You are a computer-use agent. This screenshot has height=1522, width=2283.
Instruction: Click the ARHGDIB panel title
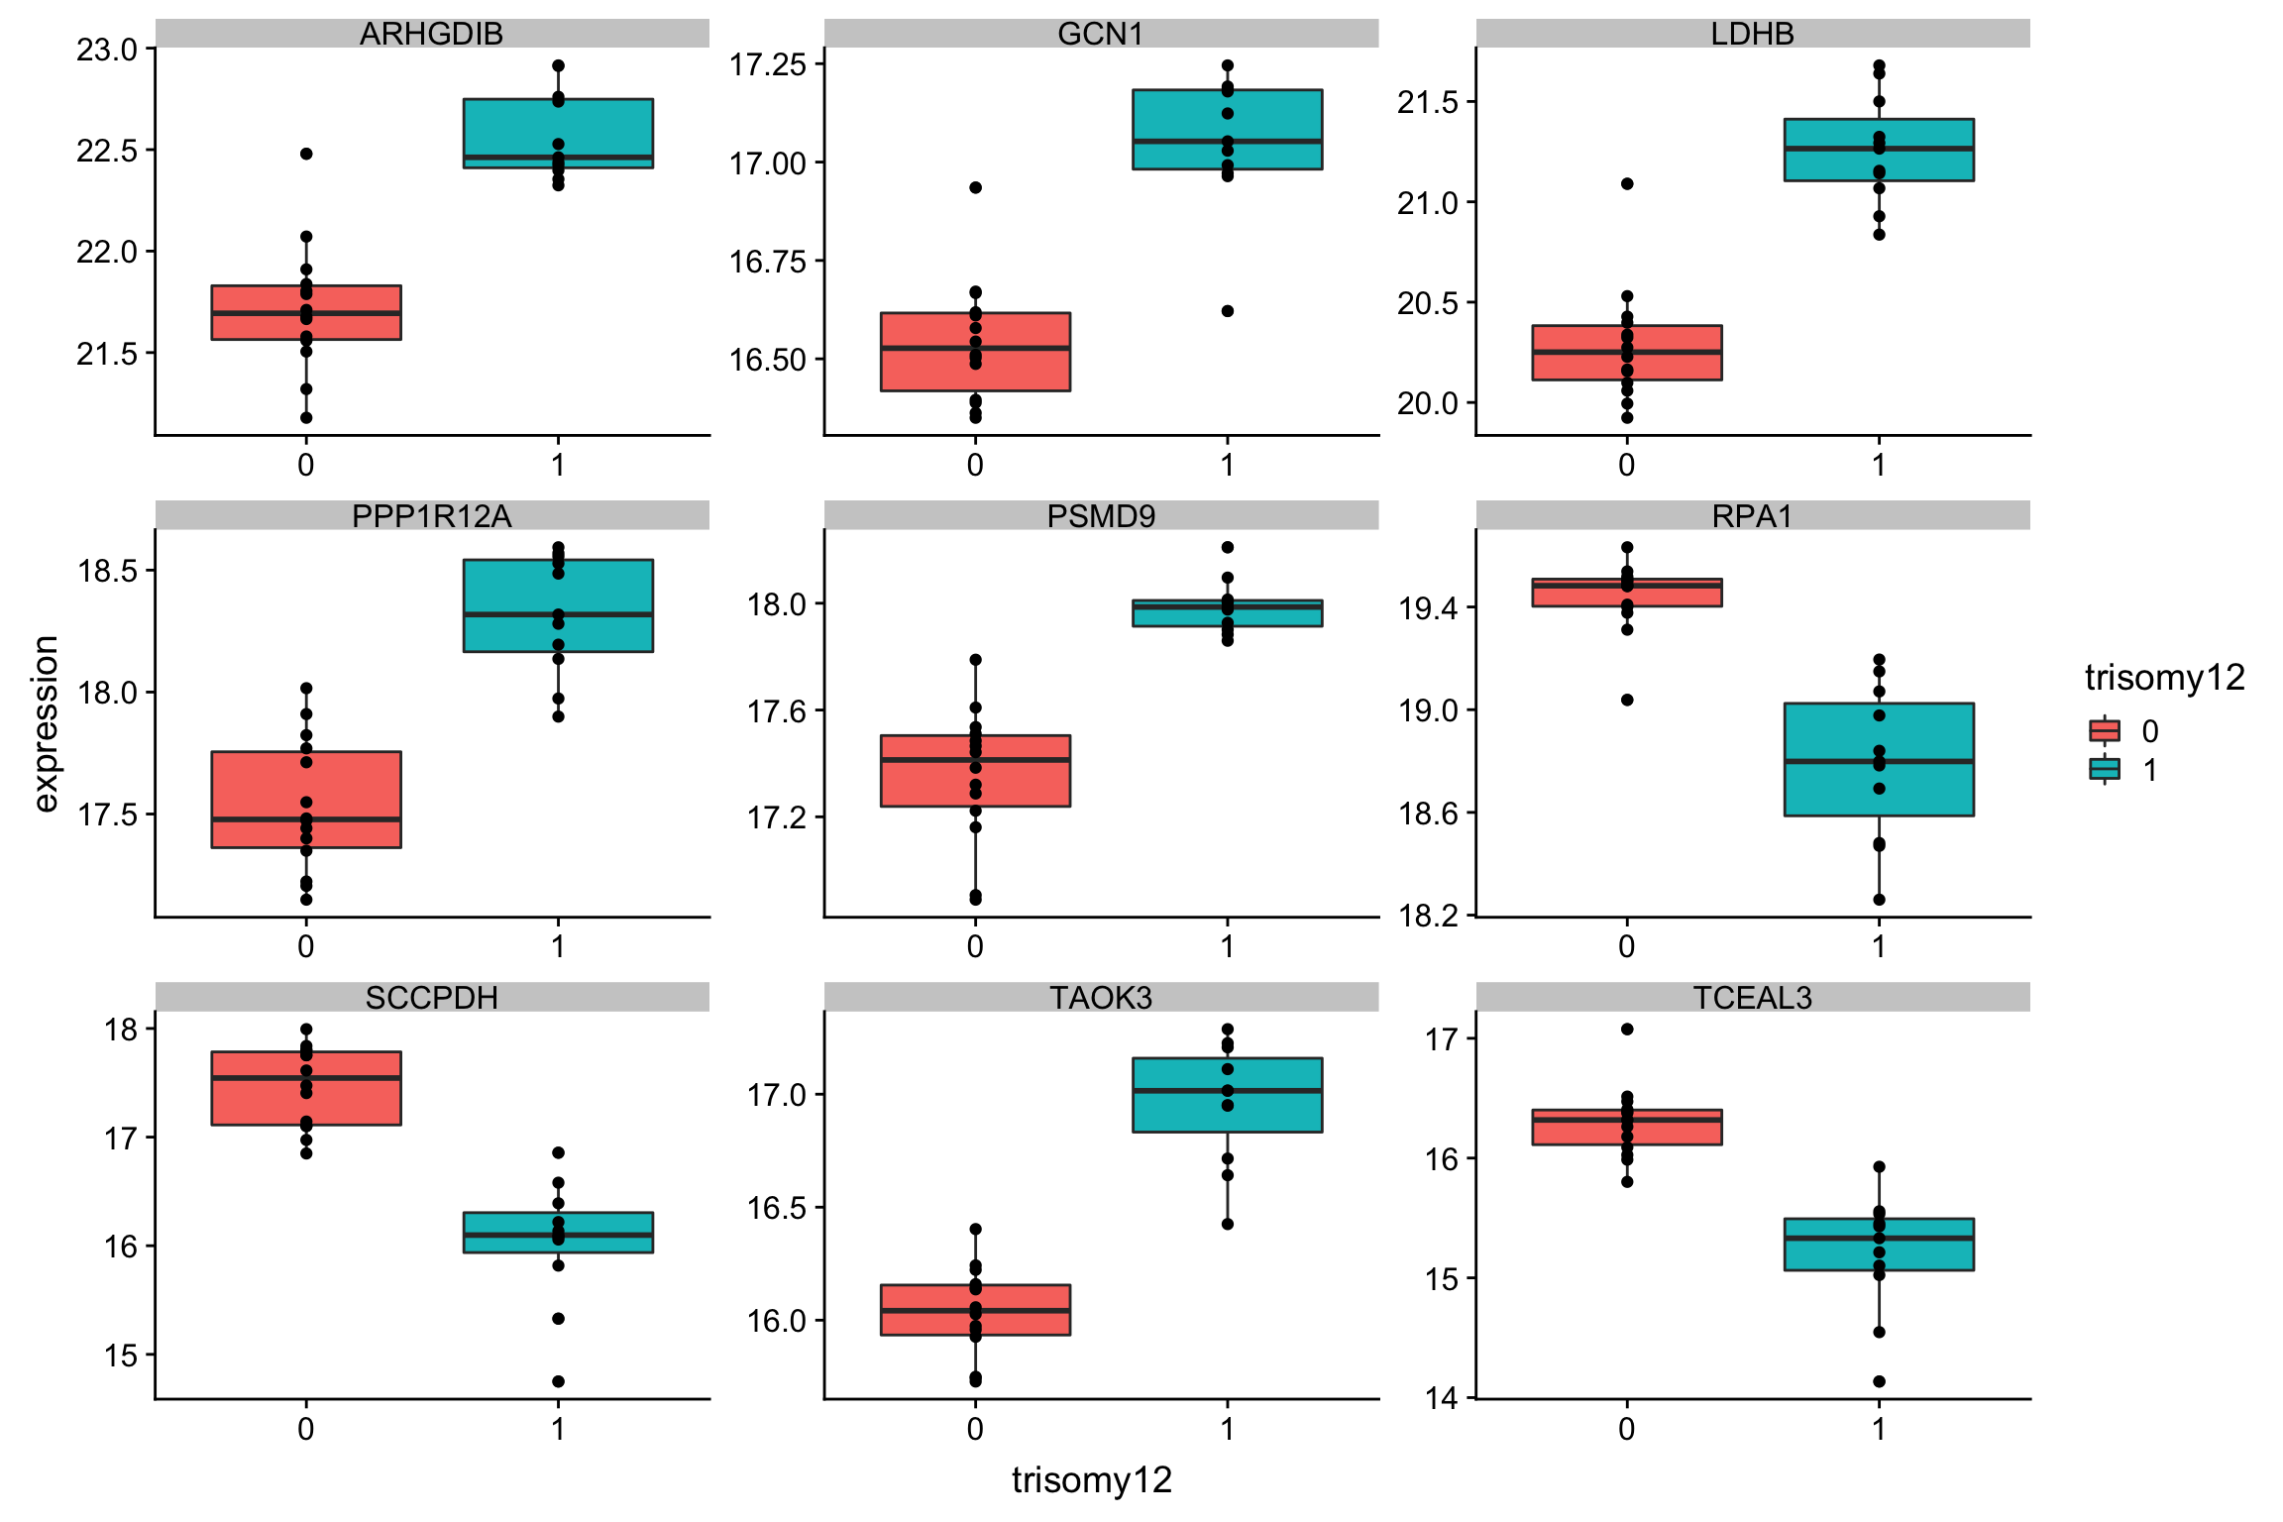click(x=431, y=34)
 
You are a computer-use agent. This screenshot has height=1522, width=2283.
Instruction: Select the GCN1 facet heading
click(x=1100, y=34)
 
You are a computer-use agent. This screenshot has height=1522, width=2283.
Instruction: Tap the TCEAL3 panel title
click(x=1752, y=997)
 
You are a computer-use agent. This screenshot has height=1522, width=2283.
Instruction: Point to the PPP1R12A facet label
click(x=431, y=516)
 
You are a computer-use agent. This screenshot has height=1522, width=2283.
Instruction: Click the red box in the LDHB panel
click(x=1626, y=353)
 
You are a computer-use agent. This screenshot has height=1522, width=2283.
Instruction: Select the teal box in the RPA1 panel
click(x=1879, y=759)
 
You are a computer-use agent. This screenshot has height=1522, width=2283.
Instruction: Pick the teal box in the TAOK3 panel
click(x=1227, y=1095)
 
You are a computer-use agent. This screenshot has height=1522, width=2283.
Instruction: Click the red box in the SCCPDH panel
click(x=306, y=1088)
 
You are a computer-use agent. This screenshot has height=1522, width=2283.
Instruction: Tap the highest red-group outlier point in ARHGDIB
click(x=306, y=154)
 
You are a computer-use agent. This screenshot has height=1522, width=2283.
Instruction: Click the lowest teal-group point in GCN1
click(x=1227, y=311)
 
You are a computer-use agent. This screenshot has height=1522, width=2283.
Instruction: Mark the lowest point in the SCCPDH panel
click(x=558, y=1381)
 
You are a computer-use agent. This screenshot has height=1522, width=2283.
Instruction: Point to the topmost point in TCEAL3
click(x=1627, y=1030)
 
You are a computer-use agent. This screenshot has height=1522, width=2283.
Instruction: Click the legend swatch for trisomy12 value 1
click(x=2104, y=769)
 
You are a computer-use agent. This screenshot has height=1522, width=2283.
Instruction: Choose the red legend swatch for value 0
click(x=2104, y=731)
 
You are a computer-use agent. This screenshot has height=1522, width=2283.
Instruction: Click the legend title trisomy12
click(x=2164, y=678)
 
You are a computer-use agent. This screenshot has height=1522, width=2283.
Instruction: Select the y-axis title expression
click(x=46, y=723)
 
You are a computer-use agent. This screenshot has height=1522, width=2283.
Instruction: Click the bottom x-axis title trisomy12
click(x=1091, y=1479)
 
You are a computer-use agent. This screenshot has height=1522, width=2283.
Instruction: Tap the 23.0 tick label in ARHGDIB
click(x=107, y=50)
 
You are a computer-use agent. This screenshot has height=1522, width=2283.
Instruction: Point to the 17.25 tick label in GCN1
click(x=768, y=65)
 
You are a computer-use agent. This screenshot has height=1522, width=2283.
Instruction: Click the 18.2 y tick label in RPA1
click(x=1428, y=915)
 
